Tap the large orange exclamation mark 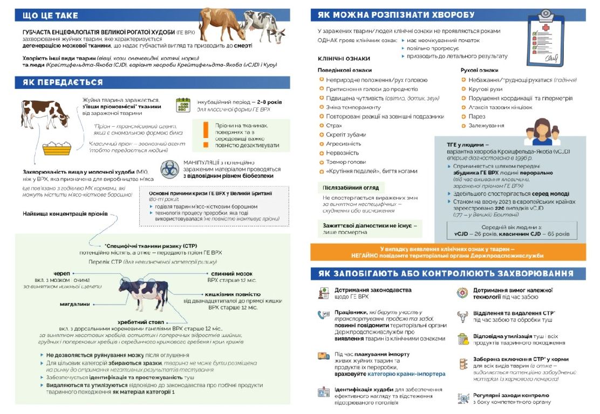pos(205,135)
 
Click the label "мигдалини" pos(74,304)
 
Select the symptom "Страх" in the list pos(334,126)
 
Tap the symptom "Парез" pos(477,116)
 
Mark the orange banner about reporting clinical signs pos(448,252)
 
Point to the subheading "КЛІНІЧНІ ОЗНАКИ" pos(344,59)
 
